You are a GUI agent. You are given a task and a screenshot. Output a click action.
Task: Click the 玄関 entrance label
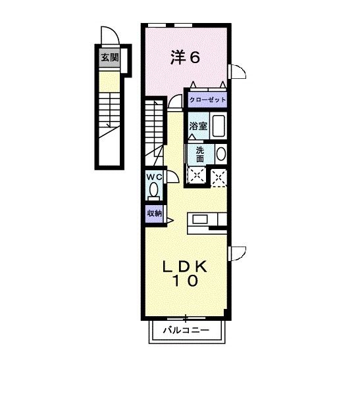[x=109, y=58]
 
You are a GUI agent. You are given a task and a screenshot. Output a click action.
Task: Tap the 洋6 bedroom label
[x=186, y=57]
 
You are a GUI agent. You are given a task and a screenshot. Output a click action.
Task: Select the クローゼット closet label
[x=207, y=100]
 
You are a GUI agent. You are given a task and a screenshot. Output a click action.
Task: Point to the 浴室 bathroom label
[x=199, y=126]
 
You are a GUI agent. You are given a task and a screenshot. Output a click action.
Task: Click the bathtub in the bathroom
[x=220, y=125]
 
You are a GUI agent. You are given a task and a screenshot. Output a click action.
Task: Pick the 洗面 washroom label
[x=200, y=154]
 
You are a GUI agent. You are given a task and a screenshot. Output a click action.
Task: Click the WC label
[x=154, y=177]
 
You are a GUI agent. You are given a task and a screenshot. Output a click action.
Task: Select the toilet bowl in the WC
[x=154, y=191]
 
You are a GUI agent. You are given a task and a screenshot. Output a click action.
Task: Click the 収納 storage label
[x=154, y=213]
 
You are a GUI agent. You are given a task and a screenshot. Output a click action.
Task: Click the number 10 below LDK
[x=186, y=281]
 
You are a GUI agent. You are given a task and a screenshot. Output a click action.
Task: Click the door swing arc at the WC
[x=171, y=176]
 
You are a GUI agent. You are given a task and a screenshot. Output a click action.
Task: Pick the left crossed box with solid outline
[x=196, y=174]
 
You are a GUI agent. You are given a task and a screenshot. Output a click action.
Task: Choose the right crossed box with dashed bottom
[x=219, y=175]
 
